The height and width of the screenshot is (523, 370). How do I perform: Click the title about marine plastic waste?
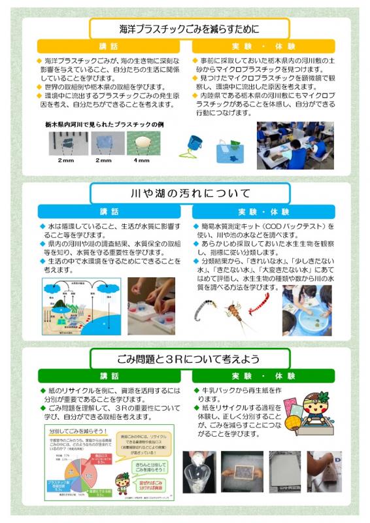pos(189,28)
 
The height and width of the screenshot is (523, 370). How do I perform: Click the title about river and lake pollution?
pos(189,194)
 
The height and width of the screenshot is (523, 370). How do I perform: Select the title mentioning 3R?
pos(189,360)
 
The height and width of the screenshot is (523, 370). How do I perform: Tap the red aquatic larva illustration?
pos(258,302)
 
